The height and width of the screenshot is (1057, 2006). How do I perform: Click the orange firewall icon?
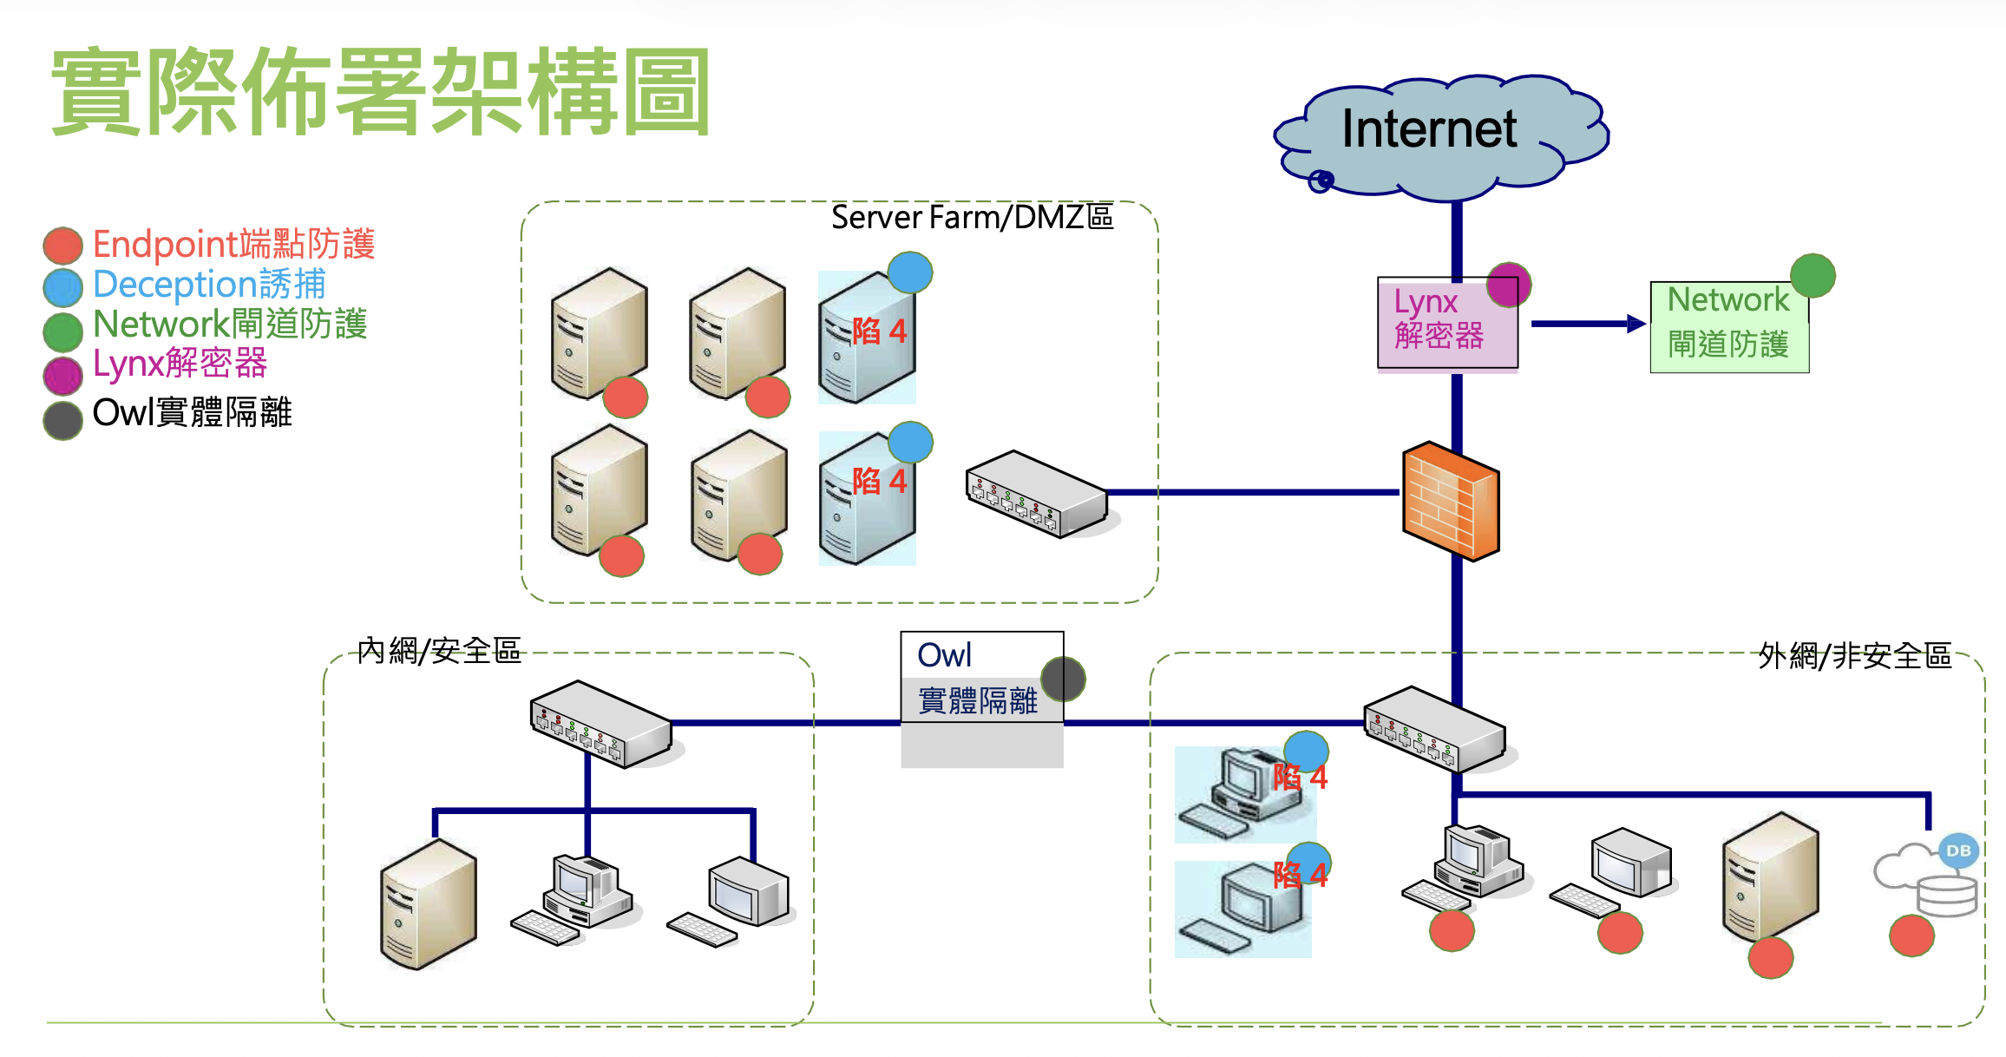[1451, 501]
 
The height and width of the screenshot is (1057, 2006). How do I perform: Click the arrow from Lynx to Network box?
[1588, 324]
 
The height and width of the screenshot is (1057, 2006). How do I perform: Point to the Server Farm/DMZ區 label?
[972, 217]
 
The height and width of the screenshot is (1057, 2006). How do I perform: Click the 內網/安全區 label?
[439, 650]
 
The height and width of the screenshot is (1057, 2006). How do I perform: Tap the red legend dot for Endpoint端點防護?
[63, 246]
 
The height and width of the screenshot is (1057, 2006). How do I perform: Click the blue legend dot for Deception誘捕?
[63, 287]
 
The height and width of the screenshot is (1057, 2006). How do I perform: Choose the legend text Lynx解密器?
[180, 364]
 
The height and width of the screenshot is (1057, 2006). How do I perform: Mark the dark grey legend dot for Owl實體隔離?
[63, 419]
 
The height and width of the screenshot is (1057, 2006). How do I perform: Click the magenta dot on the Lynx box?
[1509, 285]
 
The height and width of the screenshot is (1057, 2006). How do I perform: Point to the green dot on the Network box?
[1813, 276]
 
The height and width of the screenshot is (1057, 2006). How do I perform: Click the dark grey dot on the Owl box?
[1063, 679]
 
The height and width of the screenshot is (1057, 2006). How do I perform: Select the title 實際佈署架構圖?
[382, 91]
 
